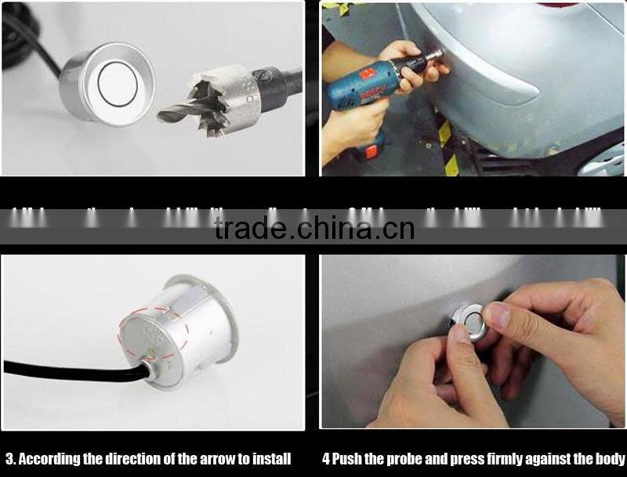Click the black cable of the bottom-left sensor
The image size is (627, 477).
(63, 367)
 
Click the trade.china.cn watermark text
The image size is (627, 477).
(313, 229)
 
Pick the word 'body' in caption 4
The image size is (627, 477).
(612, 459)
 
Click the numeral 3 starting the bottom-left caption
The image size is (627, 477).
(9, 459)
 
